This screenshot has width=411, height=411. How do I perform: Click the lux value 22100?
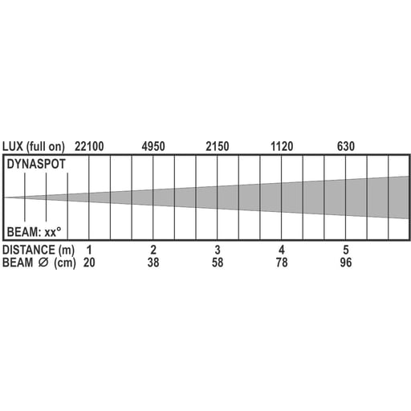coord(89,146)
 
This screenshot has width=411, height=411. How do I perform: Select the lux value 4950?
coord(153,146)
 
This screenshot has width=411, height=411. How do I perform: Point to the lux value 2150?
coord(218,146)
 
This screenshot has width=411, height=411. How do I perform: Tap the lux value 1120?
coord(282,146)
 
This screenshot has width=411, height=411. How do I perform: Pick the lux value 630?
coord(346,146)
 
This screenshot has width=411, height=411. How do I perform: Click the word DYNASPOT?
coord(36,164)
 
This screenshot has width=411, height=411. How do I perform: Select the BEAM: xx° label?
coord(34,232)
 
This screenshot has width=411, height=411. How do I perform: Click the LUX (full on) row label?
coord(34,147)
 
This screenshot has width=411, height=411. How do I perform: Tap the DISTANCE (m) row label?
coord(39,250)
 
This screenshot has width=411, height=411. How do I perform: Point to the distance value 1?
coord(89,250)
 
